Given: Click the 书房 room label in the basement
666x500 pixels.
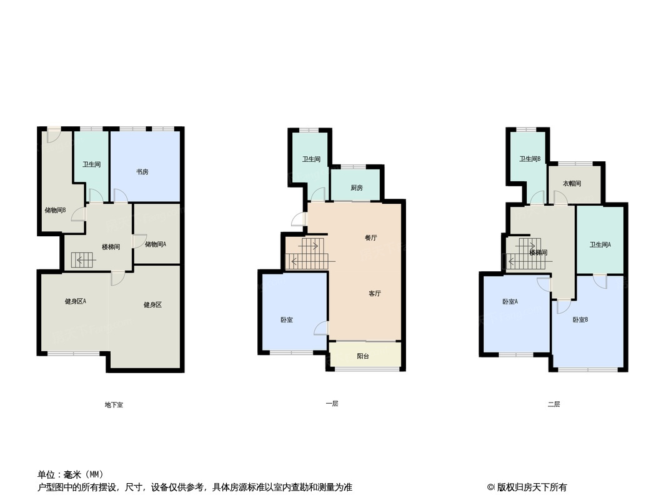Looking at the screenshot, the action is click(x=142, y=172).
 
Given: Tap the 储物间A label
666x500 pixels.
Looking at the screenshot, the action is click(x=156, y=244).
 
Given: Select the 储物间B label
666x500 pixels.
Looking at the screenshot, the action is click(x=55, y=210).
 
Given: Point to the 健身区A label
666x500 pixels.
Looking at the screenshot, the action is click(x=76, y=301).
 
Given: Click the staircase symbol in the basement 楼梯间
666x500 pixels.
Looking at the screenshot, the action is click(x=82, y=260).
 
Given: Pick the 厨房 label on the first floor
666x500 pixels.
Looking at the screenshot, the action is click(x=357, y=187).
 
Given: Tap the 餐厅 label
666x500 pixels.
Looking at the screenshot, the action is click(x=371, y=238).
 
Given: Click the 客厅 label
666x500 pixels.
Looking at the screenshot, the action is click(x=375, y=294).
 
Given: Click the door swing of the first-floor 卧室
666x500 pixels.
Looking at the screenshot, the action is click(x=321, y=328).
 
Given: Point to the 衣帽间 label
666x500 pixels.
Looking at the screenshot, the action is click(x=572, y=184).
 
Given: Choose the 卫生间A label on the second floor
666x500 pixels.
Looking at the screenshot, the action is click(x=600, y=245).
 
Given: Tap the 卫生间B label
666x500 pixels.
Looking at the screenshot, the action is click(x=530, y=159).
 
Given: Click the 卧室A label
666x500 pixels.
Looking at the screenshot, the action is click(x=510, y=302).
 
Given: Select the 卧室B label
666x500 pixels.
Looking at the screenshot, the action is click(x=580, y=320).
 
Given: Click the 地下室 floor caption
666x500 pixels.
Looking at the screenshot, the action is click(x=114, y=405).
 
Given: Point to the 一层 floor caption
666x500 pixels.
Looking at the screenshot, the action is click(x=332, y=404).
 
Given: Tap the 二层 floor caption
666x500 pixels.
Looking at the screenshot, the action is click(x=554, y=404).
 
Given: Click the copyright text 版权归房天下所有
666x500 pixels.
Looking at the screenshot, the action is click(x=532, y=487).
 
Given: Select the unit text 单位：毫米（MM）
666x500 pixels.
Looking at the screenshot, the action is click(x=71, y=474).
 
